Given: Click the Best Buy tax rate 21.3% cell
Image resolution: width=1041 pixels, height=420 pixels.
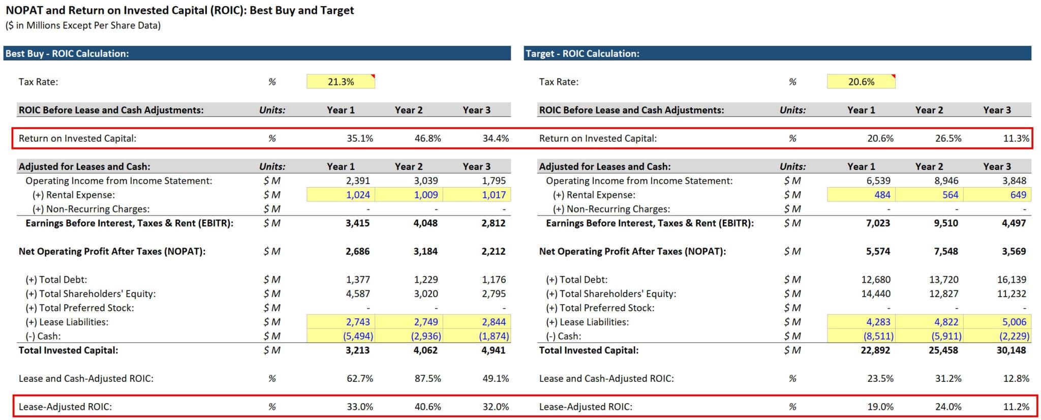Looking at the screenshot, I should [x=341, y=82].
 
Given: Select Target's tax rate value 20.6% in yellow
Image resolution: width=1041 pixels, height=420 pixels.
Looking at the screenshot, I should [x=861, y=82].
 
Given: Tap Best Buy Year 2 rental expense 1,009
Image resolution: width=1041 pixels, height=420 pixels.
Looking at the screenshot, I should [x=426, y=195].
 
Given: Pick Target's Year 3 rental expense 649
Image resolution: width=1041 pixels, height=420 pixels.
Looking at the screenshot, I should [x=1018, y=195].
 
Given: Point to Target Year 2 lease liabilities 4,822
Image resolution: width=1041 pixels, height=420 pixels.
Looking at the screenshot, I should [x=946, y=322].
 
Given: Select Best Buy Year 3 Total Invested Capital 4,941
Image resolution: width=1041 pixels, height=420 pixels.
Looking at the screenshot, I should [x=493, y=350].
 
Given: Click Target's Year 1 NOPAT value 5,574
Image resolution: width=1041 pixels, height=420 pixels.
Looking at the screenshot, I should [x=878, y=251].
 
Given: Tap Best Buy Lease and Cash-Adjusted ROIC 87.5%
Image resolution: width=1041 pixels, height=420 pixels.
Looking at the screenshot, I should [x=427, y=379].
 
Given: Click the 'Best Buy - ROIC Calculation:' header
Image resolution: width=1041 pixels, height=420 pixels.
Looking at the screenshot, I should [x=67, y=53].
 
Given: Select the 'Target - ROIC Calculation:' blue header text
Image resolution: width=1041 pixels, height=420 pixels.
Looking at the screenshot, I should [x=582, y=53].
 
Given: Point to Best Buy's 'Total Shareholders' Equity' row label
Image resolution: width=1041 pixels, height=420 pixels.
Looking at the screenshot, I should [x=90, y=294].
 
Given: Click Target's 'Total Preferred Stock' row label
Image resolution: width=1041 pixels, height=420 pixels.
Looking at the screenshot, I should [x=600, y=308].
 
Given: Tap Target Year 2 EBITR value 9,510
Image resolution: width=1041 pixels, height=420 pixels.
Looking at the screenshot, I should [x=946, y=223].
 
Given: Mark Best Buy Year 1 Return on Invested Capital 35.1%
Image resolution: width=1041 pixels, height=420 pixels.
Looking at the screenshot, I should [x=360, y=138].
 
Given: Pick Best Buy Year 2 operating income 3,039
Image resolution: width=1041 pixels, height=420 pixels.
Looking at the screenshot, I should [x=425, y=181].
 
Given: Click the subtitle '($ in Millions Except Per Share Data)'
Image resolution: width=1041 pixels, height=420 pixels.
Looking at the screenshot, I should [x=83, y=25].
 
